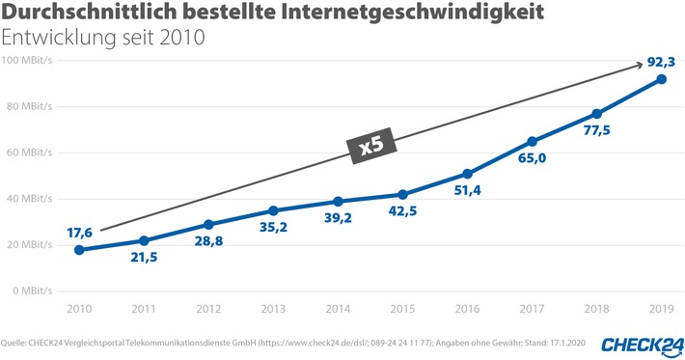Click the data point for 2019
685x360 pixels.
pyautogui.click(x=661, y=79)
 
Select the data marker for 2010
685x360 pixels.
pyautogui.click(x=79, y=250)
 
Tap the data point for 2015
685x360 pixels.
pyautogui.click(x=402, y=194)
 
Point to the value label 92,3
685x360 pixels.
pyautogui.click(x=661, y=62)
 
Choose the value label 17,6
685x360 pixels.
pyautogui.click(x=80, y=232)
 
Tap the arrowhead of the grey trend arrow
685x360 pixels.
pyautogui.click(x=639, y=65)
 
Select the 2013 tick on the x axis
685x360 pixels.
pyautogui.click(x=273, y=309)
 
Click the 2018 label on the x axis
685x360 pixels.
pyautogui.click(x=596, y=309)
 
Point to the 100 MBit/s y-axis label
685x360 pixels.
pyautogui.click(x=29, y=61)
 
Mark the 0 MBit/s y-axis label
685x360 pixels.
pyautogui.click(x=35, y=291)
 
